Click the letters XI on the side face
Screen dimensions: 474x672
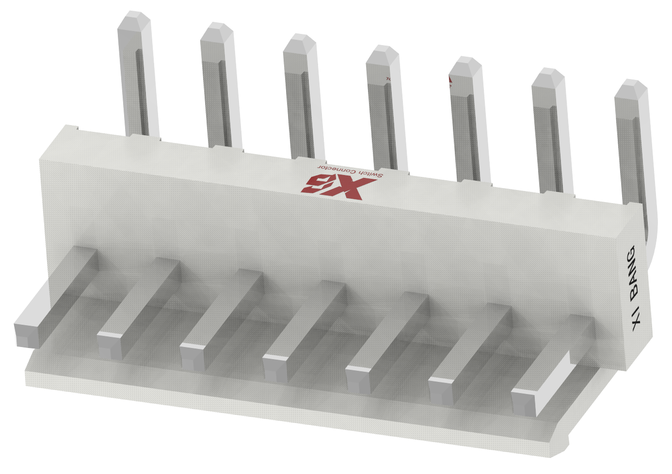638,320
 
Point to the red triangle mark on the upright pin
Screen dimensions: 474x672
450,81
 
